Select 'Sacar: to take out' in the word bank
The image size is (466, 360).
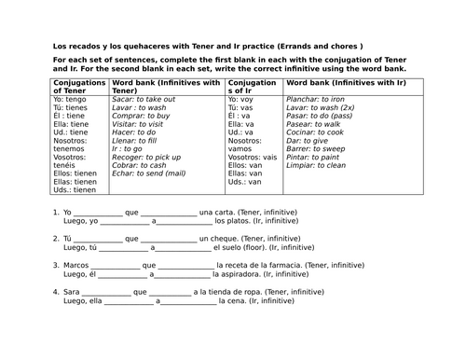click(144, 98)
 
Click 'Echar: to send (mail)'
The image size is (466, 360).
click(148, 173)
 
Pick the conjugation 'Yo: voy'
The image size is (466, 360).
click(244, 98)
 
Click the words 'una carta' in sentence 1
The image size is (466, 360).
click(218, 212)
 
